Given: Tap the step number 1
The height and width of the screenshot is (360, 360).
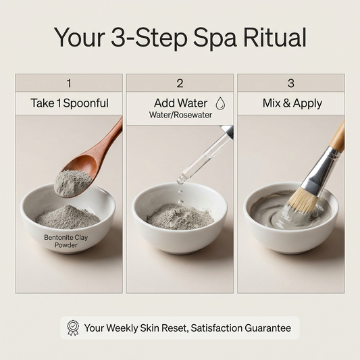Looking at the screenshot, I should point(69,83).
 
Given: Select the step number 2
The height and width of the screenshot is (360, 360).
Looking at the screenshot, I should point(180,83).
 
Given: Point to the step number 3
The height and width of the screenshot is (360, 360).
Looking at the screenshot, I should point(291,83).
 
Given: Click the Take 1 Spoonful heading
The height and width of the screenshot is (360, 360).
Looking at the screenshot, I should point(69,103).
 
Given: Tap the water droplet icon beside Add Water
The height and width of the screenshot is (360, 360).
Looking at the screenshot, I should point(220,103).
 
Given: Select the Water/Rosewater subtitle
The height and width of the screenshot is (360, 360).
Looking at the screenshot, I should point(180,115).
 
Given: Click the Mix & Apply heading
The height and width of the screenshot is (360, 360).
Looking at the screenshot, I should point(291,103).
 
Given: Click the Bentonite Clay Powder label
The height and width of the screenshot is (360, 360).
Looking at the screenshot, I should point(66,241).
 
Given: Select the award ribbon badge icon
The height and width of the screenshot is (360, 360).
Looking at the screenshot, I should point(73,328).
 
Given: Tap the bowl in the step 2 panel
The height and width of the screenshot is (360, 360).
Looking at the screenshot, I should point(180,230).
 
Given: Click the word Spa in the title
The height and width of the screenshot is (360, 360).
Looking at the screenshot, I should point(211,37).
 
